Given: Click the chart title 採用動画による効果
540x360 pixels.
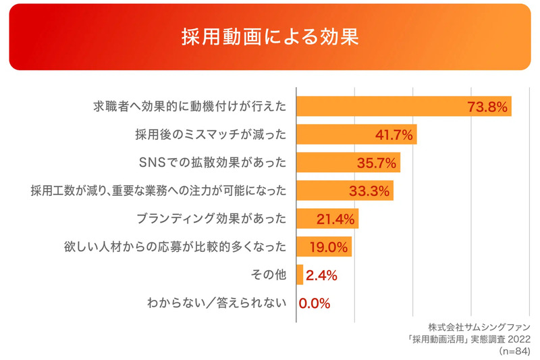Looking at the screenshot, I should [269, 36].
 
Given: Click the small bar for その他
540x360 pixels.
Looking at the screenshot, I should [300, 275].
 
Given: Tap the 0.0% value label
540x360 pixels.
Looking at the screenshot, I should [314, 303].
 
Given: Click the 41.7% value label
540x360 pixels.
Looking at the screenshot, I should [394, 135].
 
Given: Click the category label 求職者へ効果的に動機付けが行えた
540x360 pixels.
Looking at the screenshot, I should [189, 107].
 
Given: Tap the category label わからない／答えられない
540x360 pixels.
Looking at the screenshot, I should [216, 303].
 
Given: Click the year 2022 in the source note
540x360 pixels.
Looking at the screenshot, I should [518, 339].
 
